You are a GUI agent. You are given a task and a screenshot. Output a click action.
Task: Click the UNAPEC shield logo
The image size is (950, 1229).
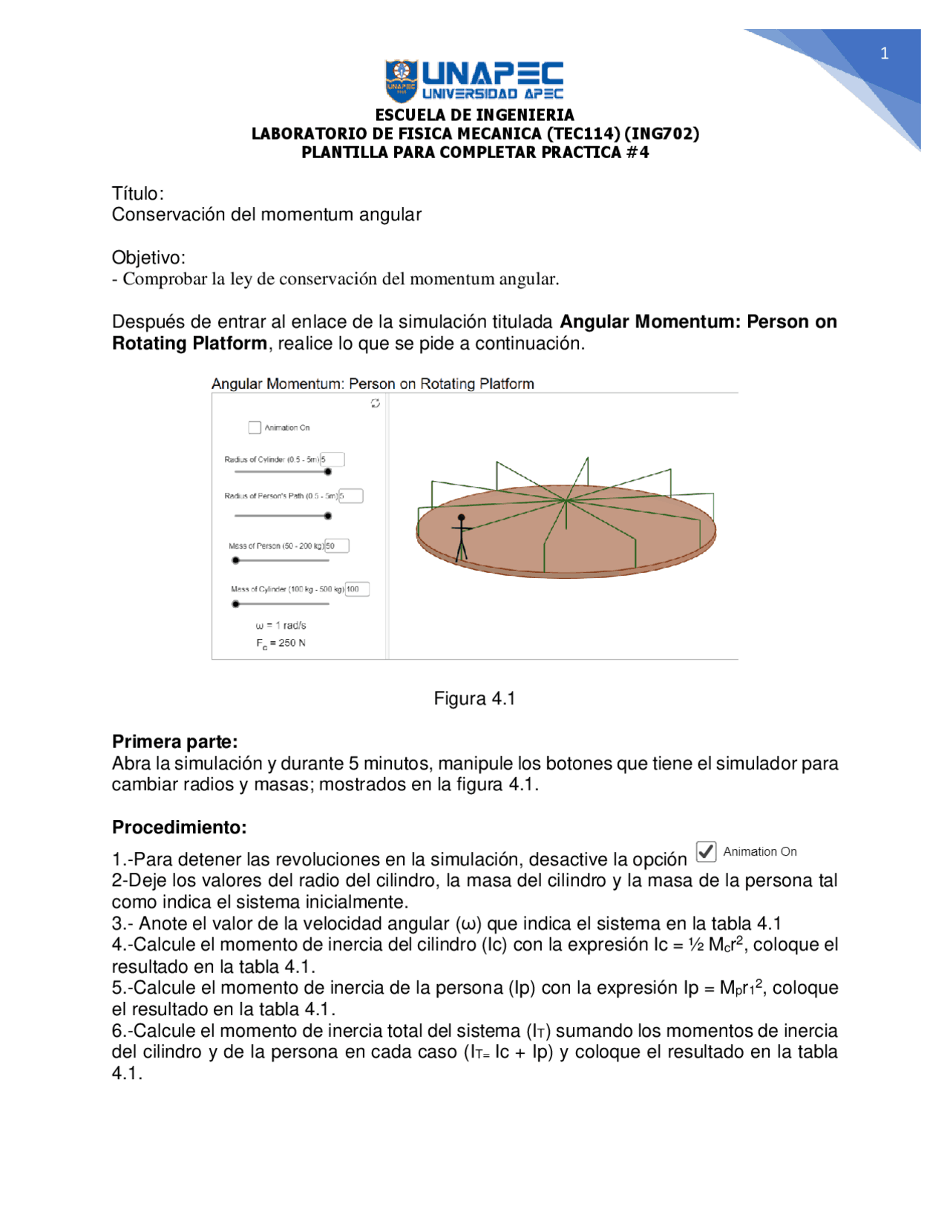[402, 81]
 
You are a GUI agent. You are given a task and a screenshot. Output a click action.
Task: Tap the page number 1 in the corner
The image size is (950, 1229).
[884, 53]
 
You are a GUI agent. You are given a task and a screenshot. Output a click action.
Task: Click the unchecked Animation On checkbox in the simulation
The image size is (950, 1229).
[255, 427]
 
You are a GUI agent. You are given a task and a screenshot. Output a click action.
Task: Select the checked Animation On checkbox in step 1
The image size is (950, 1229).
[706, 851]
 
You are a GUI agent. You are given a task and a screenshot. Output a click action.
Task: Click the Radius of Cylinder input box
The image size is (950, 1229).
[333, 459]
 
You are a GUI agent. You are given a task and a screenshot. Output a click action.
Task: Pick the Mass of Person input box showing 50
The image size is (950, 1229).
[337, 546]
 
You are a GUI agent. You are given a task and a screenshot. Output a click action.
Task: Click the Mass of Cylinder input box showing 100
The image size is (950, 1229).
[357, 589]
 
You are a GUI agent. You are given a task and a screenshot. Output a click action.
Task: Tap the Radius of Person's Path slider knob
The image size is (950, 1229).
[328, 516]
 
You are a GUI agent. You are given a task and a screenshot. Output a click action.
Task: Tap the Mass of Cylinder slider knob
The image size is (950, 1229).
[236, 604]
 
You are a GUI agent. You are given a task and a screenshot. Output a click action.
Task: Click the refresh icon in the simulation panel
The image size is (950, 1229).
[376, 403]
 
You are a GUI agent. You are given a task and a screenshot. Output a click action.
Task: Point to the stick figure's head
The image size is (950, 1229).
[462, 517]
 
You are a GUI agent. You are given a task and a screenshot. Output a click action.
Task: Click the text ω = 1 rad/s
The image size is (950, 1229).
[281, 626]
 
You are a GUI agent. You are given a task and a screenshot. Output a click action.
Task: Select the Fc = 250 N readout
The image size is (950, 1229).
[281, 643]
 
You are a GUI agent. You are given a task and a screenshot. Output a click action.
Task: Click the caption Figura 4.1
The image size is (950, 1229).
[474, 698]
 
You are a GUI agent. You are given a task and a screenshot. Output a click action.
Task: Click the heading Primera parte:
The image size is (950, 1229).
[174, 741]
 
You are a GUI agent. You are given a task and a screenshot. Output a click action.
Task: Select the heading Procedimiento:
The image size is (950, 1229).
[179, 827]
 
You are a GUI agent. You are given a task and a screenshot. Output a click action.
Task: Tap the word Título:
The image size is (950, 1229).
[137, 194]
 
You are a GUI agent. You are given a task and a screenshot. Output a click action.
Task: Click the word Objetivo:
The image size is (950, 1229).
[148, 258]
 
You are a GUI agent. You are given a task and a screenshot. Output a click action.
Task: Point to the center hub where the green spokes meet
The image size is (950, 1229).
[566, 501]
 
